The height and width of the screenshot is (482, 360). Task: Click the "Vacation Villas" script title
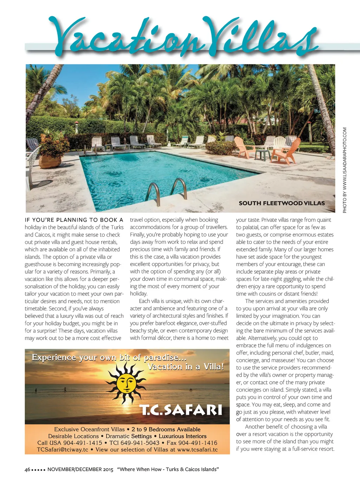(x=183, y=37)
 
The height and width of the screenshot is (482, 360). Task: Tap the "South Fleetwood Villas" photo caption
(x=282, y=203)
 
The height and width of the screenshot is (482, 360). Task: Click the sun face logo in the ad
(x=126, y=382)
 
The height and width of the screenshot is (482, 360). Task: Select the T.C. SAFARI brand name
(x=181, y=410)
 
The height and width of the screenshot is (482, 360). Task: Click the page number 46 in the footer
(x=27, y=469)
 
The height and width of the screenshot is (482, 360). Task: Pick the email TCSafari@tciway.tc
(x=63, y=450)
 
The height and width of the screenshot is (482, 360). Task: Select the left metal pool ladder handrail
(x=153, y=192)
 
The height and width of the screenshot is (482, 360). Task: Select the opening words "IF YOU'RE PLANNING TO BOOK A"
(x=74, y=220)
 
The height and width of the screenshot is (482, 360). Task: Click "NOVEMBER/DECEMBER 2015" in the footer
(x=81, y=469)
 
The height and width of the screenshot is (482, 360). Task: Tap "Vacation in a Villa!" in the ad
(x=186, y=367)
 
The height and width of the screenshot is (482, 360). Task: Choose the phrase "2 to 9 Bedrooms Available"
(x=166, y=429)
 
